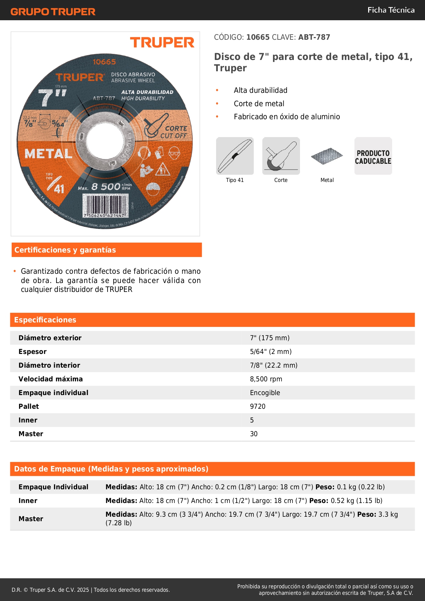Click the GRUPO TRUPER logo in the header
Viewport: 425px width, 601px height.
(x=53, y=12)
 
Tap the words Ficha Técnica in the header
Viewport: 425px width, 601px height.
(x=391, y=10)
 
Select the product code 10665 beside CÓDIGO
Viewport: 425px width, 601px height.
(x=258, y=37)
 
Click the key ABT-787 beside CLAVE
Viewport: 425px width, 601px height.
(x=314, y=37)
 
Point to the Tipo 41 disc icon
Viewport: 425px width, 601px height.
(x=235, y=156)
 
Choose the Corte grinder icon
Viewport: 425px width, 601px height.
(x=281, y=156)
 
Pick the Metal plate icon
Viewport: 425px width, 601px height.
(x=327, y=156)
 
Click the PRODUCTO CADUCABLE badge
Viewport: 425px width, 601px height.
(x=373, y=157)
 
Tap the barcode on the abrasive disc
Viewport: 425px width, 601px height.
(x=105, y=206)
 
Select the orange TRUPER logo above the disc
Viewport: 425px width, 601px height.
(x=162, y=43)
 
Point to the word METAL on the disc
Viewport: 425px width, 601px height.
(x=48, y=154)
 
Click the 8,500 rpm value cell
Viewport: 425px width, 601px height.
(x=266, y=379)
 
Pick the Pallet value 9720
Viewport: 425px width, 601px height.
(x=258, y=406)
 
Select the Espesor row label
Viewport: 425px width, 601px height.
(x=33, y=352)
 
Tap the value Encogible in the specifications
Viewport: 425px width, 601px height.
(x=265, y=393)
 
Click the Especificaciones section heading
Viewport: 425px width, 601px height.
(x=45, y=320)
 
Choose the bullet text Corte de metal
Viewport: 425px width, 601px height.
(x=259, y=103)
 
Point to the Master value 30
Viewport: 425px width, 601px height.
(x=254, y=434)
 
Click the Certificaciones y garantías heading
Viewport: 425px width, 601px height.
(x=65, y=250)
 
